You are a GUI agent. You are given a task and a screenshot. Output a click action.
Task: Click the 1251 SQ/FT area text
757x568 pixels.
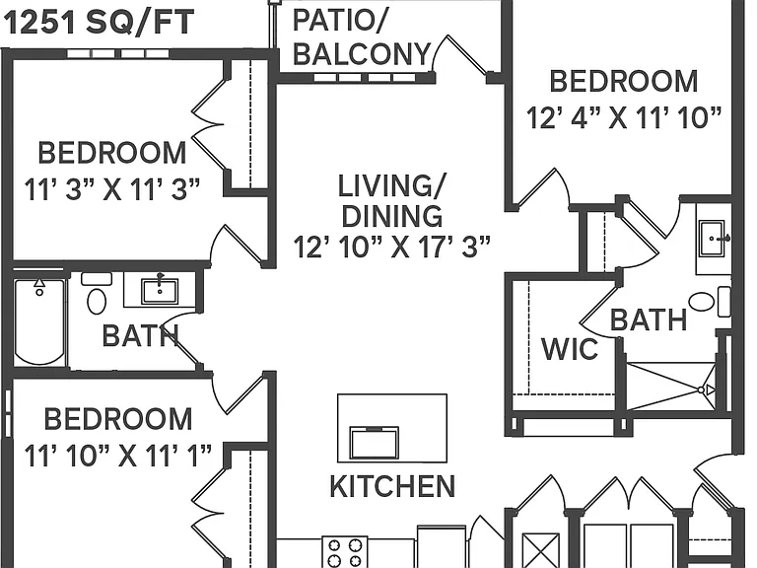pyautogui.click(x=99, y=23)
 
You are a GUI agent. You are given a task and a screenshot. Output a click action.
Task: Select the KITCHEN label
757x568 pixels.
pyautogui.click(x=392, y=486)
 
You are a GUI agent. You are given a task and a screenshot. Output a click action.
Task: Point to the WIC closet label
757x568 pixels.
pyautogui.click(x=570, y=349)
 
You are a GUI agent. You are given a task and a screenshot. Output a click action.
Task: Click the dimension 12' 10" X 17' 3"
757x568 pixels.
pyautogui.click(x=392, y=247)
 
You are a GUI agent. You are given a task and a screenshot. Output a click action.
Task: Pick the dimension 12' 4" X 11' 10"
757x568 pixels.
pyautogui.click(x=624, y=117)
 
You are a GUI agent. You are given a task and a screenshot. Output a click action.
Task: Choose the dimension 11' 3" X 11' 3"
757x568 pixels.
pyautogui.click(x=111, y=189)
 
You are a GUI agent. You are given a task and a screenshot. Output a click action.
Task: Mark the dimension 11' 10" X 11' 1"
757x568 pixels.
pyautogui.click(x=118, y=456)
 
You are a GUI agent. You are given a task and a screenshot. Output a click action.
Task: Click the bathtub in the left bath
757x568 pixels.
pyautogui.click(x=39, y=322)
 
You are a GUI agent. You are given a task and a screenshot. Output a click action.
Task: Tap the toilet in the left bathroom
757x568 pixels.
pyautogui.click(x=97, y=295)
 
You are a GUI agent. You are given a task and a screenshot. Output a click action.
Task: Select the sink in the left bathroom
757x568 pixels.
pyautogui.click(x=160, y=291)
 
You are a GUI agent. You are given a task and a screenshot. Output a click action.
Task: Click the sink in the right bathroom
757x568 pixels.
pyautogui.click(x=712, y=239)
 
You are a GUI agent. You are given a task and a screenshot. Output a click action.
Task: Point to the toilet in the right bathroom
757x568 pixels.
pyautogui.click(x=710, y=302)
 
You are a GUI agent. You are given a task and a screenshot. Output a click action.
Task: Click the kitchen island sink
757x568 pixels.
pyautogui.click(x=375, y=443)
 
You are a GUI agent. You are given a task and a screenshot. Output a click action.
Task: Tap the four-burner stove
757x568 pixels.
pyautogui.click(x=345, y=552)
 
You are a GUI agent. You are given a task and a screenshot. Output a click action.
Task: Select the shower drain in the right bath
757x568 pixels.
pyautogui.click(x=701, y=390)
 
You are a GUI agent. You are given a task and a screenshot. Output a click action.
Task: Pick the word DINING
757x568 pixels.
pyautogui.click(x=392, y=216)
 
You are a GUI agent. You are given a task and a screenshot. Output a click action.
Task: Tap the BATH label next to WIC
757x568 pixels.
pyautogui.click(x=649, y=319)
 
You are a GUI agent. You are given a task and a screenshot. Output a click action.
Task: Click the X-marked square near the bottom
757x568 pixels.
pyautogui.click(x=541, y=550)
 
